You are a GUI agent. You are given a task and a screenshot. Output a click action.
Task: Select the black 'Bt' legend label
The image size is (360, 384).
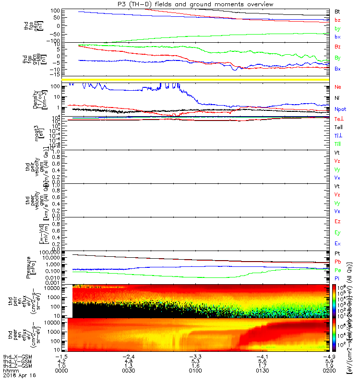click(x=337, y=11)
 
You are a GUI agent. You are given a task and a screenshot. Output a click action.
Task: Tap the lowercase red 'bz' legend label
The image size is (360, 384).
click(x=337, y=20)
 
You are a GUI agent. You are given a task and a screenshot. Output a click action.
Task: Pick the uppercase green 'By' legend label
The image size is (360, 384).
click(x=338, y=58)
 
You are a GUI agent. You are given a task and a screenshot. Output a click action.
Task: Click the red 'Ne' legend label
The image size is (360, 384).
click(x=337, y=87)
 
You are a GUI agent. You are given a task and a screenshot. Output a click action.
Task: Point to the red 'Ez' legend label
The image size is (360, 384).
click(x=337, y=221)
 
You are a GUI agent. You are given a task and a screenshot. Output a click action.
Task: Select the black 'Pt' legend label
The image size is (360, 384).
click(x=337, y=253)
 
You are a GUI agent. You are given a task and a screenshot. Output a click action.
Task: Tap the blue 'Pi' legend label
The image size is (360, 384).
click(x=337, y=278)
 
